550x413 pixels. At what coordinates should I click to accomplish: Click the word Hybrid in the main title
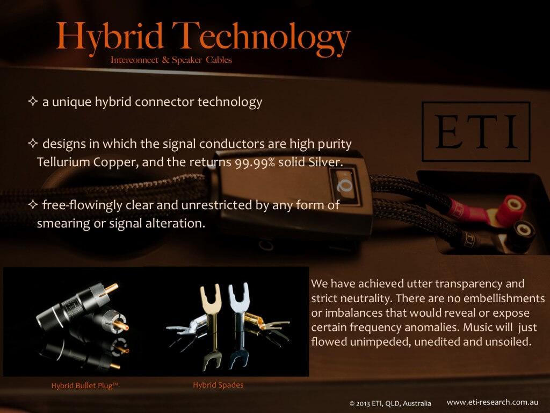click(110, 37)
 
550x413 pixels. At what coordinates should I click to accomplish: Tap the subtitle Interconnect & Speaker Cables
click(171, 60)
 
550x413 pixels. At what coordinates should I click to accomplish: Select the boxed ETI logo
click(476, 132)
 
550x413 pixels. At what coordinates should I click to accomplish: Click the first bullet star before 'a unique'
click(33, 102)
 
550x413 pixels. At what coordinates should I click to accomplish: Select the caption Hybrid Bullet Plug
click(84, 386)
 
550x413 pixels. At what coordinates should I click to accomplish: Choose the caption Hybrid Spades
click(218, 385)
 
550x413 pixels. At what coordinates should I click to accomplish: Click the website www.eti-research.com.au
click(493, 402)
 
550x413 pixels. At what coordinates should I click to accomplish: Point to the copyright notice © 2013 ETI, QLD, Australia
click(390, 403)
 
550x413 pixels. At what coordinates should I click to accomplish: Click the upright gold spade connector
click(211, 323)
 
